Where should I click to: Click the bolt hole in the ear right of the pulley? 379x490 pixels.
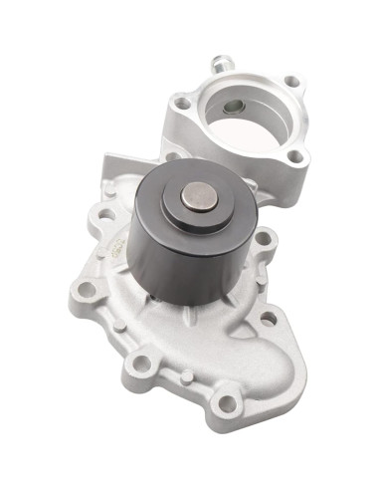(264, 238)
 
